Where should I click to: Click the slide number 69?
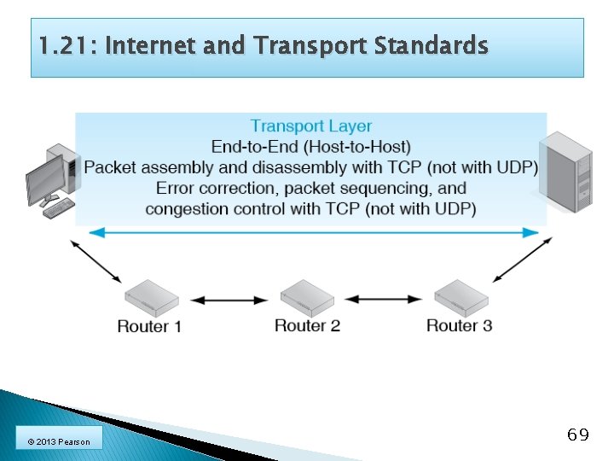[x=577, y=435]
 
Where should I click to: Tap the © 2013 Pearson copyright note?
[x=59, y=441]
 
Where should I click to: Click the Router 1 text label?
[x=149, y=326]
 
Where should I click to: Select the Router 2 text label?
[x=307, y=325]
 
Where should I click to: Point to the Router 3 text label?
[x=459, y=325]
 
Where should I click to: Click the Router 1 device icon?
[x=152, y=298]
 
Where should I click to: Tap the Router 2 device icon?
[x=307, y=297]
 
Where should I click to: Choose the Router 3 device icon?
[x=460, y=297]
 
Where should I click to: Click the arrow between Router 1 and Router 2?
[x=229, y=300]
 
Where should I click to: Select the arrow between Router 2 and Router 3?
[x=384, y=299]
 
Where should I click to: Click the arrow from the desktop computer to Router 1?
[x=96, y=261]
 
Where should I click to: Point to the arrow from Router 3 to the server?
[x=522, y=260]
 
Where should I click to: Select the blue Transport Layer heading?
[x=311, y=126]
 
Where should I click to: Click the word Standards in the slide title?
[x=435, y=45]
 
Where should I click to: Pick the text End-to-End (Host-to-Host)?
[x=311, y=147]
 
